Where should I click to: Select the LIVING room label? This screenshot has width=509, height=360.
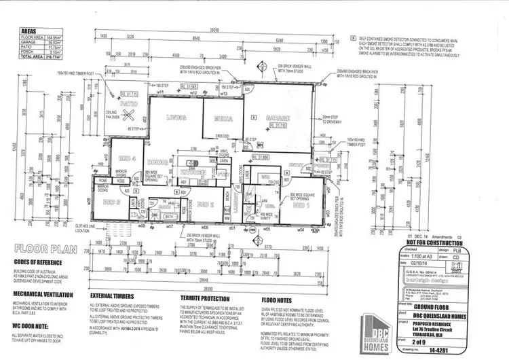176,118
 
